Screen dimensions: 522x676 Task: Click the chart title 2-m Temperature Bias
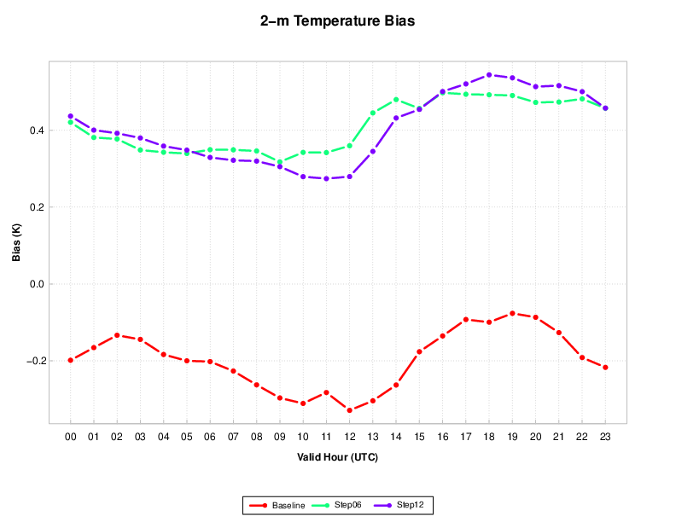point(337,21)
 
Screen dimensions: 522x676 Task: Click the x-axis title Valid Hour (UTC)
point(337,457)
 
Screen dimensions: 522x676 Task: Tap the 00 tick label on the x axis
point(71,437)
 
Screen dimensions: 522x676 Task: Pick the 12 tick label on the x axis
point(349,437)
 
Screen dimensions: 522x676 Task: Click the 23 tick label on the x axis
point(605,437)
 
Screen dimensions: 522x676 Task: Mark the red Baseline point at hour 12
point(349,410)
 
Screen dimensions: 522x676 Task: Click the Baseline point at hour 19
point(512,313)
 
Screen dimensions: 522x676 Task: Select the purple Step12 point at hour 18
point(489,75)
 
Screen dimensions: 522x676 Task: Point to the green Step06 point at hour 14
point(396,100)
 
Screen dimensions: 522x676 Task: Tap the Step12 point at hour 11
point(326,178)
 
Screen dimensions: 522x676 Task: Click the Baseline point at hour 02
point(117,335)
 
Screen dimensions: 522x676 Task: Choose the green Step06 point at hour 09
point(280,161)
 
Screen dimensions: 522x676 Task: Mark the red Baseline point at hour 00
point(71,360)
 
